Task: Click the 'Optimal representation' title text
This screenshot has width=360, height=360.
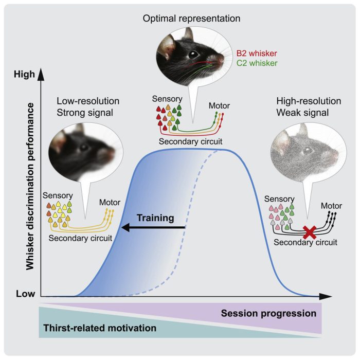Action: (191, 19)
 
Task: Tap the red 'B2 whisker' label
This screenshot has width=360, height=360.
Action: (257, 53)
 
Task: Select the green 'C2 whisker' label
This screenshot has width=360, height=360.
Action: (257, 63)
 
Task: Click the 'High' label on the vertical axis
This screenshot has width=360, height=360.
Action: (24, 75)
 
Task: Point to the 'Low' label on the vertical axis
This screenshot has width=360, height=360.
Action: (26, 294)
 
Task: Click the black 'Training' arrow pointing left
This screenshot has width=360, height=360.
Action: (153, 228)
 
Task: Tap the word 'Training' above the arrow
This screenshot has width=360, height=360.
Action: (155, 218)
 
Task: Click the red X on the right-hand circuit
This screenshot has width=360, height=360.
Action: (310, 232)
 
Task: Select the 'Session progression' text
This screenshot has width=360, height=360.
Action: (268, 313)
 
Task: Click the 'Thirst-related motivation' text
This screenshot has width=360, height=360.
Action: (100, 328)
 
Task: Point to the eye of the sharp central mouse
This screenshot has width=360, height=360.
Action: (193, 55)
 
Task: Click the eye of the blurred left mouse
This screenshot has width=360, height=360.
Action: (84, 148)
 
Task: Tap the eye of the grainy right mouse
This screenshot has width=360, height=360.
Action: (308, 151)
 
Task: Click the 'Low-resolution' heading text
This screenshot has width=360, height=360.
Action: (88, 101)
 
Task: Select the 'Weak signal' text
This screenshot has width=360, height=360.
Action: (302, 113)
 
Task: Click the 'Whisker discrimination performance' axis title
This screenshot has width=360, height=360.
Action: (30, 186)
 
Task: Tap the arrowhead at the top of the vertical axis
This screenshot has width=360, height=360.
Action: (41, 74)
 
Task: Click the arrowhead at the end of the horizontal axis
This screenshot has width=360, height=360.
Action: (326, 296)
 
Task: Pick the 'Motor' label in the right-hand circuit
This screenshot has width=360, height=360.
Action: (331, 206)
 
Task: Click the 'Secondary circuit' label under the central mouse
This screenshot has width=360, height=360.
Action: (191, 141)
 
